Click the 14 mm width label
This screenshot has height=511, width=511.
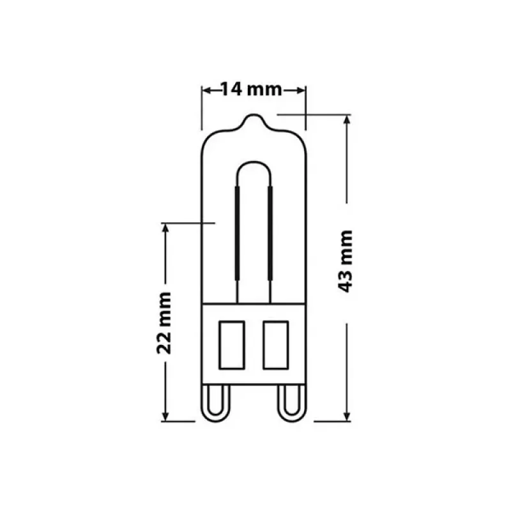coord(251,89)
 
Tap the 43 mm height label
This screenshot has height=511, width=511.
coord(345,261)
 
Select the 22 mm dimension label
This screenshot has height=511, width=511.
coord(164,323)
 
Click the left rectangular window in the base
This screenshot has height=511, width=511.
coord(232,345)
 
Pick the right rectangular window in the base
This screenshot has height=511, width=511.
coord(276,345)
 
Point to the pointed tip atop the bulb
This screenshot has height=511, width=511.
coord(254,115)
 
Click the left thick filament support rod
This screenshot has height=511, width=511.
coord(237,233)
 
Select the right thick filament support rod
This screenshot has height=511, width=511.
coord(270,233)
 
